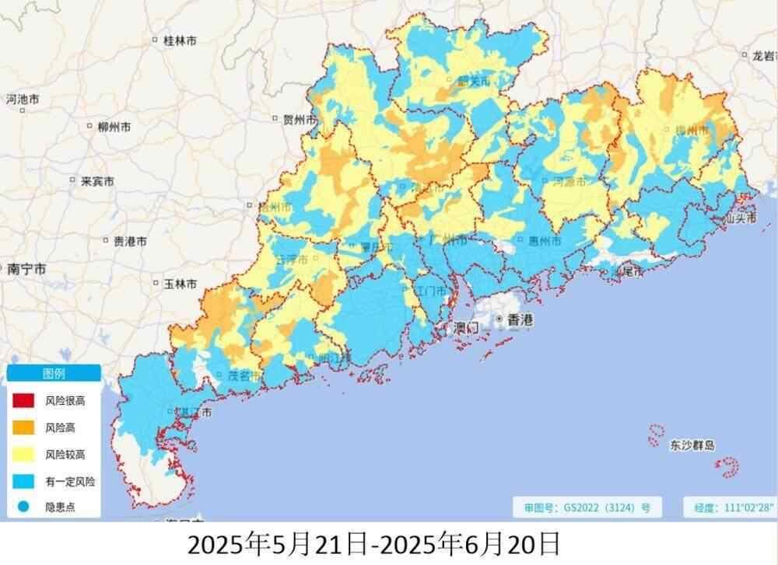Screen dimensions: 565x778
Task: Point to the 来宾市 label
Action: click(97, 181)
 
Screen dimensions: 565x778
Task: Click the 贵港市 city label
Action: click(129, 242)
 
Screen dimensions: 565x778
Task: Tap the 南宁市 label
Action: click(25, 269)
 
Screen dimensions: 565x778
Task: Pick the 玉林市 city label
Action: click(180, 284)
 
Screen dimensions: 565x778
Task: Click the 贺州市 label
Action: click(300, 120)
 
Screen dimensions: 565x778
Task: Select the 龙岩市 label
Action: click(759, 56)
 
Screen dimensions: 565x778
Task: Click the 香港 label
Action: click(520, 319)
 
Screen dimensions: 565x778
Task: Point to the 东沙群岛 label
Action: click(692, 445)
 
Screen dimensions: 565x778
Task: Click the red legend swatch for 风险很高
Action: click(23, 400)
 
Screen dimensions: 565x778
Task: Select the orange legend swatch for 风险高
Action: click(23, 427)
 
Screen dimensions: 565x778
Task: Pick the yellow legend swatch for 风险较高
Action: click(23, 455)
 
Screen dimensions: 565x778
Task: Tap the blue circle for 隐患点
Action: click(23, 508)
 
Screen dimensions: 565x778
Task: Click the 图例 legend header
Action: click(53, 374)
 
